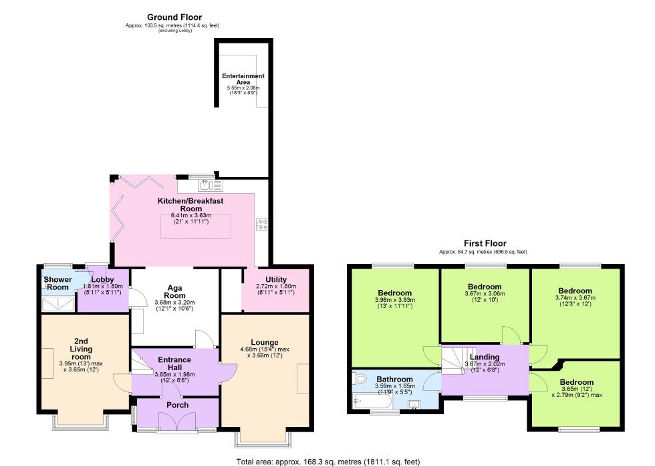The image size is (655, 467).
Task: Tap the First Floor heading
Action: [485, 244]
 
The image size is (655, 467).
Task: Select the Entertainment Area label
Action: [243, 80]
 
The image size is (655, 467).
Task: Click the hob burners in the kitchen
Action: [261, 223]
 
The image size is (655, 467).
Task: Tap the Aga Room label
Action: [174, 290]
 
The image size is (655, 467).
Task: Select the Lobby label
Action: [103, 279]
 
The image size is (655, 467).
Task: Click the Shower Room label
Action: [57, 283]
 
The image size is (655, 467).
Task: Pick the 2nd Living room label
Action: [81, 349]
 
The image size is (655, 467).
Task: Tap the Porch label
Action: [177, 405]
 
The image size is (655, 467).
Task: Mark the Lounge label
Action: [265, 343]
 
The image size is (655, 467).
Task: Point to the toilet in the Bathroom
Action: [360, 379]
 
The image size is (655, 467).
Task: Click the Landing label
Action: [484, 357]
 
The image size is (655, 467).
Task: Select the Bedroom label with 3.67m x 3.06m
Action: [484, 287]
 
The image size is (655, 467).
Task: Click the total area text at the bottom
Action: [327, 461]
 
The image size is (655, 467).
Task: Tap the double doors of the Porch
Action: [177, 421]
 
